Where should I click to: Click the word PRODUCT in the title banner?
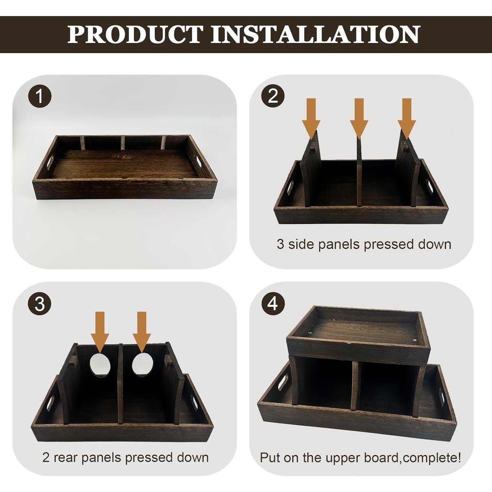click(x=135, y=34)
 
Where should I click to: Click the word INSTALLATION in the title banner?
click(x=315, y=34)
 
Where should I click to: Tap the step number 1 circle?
click(x=40, y=96)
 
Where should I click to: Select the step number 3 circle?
click(x=40, y=304)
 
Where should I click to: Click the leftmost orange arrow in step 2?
click(x=311, y=116)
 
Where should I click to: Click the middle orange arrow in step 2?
click(x=359, y=116)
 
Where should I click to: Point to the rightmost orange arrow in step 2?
click(x=407, y=116)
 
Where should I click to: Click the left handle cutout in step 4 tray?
click(x=283, y=382)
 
